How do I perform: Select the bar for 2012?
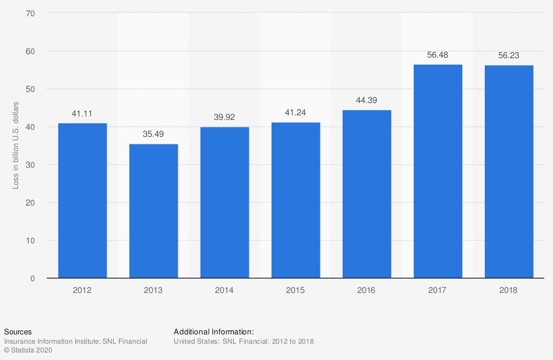[x=82, y=200]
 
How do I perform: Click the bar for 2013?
[x=153, y=211]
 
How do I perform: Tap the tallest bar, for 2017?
[x=438, y=171]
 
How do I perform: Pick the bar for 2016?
[x=367, y=194]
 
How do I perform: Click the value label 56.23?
[x=509, y=55]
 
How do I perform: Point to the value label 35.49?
[x=153, y=134]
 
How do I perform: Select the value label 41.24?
[x=295, y=112]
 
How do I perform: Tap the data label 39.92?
[x=224, y=117]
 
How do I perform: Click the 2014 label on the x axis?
[x=224, y=290]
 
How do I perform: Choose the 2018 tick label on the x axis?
[x=509, y=290]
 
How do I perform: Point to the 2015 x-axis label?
[x=295, y=290]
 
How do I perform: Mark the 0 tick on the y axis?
[x=33, y=278]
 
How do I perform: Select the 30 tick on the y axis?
[x=30, y=165]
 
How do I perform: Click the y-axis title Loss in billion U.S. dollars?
[x=16, y=145]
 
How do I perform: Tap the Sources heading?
[x=17, y=331]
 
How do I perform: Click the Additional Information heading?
[x=214, y=331]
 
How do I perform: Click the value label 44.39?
[x=367, y=100]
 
